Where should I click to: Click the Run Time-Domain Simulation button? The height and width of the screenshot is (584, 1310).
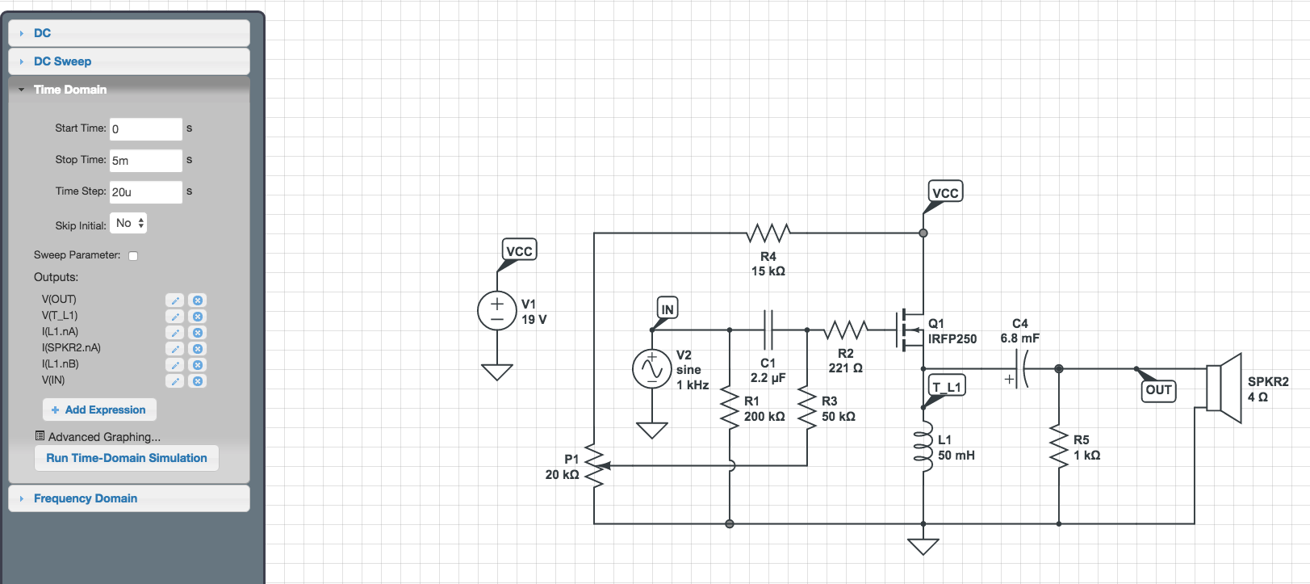click(127, 458)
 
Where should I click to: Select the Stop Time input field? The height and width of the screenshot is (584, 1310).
click(146, 160)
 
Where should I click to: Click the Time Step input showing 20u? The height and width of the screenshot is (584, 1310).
click(146, 192)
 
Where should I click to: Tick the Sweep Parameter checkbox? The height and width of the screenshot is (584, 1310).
click(133, 256)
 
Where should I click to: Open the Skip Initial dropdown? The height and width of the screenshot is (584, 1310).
click(128, 223)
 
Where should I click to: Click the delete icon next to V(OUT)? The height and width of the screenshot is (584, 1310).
click(198, 300)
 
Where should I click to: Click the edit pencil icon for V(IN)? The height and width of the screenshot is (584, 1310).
click(175, 381)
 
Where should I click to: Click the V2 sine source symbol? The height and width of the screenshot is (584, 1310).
click(651, 368)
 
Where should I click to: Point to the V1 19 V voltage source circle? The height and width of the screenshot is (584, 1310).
click(497, 311)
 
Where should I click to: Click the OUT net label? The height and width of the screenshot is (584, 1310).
click(1158, 390)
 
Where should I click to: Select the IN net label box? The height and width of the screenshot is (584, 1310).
click(668, 309)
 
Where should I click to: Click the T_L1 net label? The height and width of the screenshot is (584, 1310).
click(947, 386)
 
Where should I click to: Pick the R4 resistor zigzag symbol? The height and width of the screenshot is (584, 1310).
click(768, 233)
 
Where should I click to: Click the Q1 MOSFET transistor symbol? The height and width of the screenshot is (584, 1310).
click(910, 330)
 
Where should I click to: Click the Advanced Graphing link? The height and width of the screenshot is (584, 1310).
click(104, 436)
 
